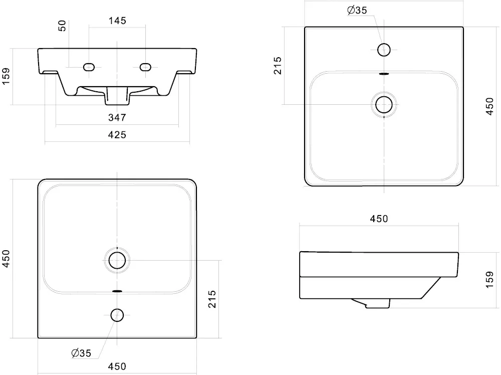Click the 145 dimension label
(117, 21)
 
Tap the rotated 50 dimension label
(62, 26)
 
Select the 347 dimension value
(117, 118)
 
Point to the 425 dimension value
(117, 135)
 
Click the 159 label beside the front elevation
(6, 76)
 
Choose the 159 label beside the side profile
(489, 280)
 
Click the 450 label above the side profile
(379, 219)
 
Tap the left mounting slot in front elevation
(89, 67)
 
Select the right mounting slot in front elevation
(145, 67)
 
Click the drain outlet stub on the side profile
(377, 304)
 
